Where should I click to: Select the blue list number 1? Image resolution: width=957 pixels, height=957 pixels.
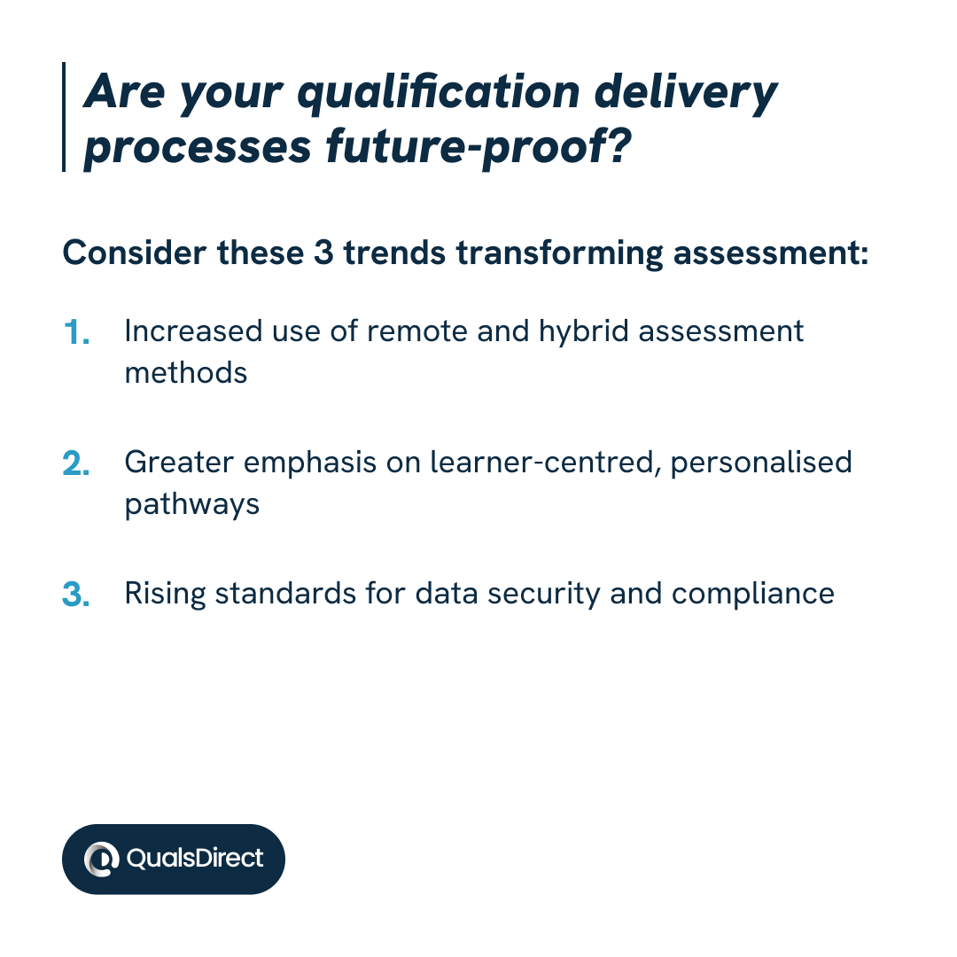77,333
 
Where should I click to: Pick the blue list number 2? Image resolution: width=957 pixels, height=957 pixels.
76,464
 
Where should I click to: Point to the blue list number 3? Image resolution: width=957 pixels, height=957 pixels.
76,595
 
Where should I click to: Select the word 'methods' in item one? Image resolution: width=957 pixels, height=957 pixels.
185,372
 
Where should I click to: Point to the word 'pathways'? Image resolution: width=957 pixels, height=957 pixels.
191,504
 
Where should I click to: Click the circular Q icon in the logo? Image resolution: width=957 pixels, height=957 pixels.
102,859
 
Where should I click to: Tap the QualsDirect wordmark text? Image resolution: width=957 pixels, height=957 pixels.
195,858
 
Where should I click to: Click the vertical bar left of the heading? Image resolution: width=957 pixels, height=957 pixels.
65,117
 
